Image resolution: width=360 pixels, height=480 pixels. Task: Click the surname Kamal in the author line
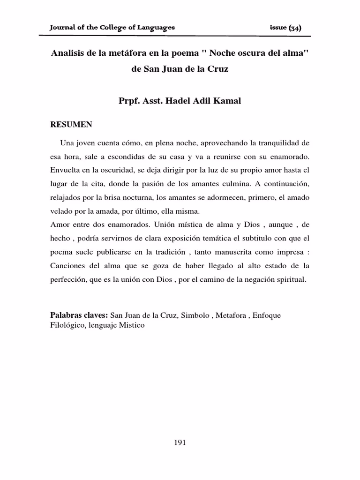point(227,101)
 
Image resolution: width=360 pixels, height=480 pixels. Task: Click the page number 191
point(180,442)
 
